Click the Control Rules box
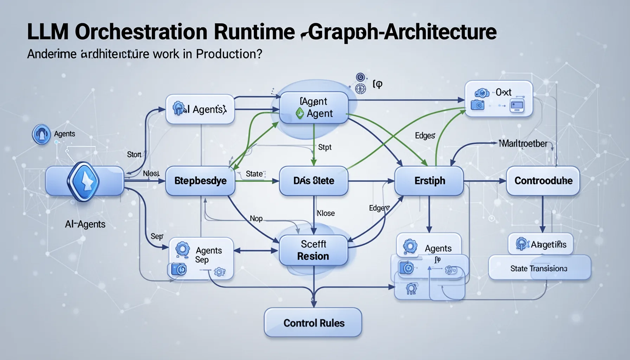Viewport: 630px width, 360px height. point(313,323)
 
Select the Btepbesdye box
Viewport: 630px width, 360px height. point(200,181)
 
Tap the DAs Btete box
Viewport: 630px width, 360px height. point(314,181)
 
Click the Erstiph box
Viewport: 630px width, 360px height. point(429,181)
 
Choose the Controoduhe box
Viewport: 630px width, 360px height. point(543,181)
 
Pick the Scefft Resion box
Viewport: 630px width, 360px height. point(313,250)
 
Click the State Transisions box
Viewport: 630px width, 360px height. point(539,268)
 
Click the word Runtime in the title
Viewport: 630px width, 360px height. point(254,32)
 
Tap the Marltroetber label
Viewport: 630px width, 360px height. point(523,143)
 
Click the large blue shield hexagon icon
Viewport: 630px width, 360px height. point(83,181)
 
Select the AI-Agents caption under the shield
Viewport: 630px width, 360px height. point(85,224)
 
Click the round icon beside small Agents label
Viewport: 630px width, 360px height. point(41,134)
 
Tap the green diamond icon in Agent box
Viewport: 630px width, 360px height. point(300,113)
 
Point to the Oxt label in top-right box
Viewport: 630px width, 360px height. point(503,92)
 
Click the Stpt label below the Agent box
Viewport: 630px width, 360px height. point(324,147)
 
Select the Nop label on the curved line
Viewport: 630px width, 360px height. point(256,218)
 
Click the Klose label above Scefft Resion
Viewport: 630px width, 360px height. point(326,213)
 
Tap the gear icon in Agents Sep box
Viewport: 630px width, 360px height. point(182,249)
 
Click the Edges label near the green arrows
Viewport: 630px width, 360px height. point(425,135)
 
